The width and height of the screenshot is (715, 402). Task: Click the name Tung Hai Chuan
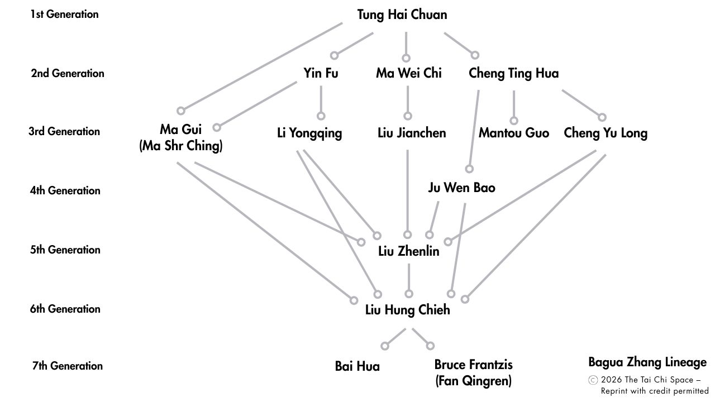point(402,15)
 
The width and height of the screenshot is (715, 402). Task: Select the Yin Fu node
point(321,73)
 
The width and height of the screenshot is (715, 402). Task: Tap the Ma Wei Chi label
point(408,73)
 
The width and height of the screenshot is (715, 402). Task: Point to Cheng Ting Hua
point(513,73)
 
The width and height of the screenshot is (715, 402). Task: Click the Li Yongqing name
point(309,133)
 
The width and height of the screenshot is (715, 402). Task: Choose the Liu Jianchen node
point(412,133)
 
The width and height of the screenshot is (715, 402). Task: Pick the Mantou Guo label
point(514,133)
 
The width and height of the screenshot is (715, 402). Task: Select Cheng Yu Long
point(606,133)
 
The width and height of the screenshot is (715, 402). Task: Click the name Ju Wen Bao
point(461,188)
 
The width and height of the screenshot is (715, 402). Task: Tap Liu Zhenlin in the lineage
point(409,251)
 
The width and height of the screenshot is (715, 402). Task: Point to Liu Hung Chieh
point(407,310)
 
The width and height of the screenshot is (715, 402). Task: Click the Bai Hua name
point(357,366)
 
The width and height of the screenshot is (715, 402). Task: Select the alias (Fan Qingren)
point(473,381)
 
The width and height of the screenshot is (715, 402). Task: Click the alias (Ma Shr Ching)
point(181,146)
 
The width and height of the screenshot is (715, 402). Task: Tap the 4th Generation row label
point(65,190)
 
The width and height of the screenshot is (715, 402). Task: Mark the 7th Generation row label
point(68,366)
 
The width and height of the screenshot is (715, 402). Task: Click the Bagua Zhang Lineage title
point(647,362)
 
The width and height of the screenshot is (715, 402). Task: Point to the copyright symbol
point(593,380)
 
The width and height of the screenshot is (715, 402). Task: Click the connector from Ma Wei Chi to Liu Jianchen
point(408,100)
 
